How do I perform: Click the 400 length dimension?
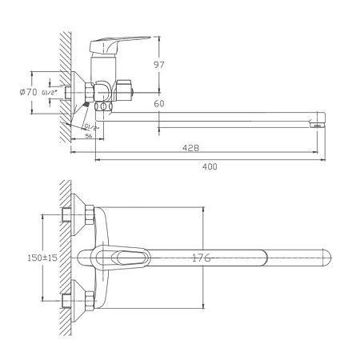pos(210,166)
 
